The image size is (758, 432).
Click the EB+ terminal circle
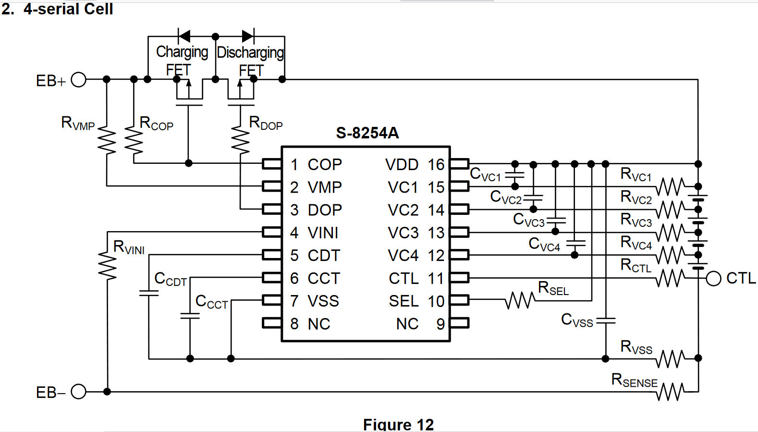(78, 80)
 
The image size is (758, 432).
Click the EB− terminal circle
(78, 392)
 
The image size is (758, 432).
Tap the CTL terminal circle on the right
(713, 279)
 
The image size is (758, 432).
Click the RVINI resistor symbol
(107, 265)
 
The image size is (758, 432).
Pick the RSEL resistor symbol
(520, 300)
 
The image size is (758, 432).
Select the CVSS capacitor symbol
(606, 320)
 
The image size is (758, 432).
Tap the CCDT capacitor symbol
(149, 293)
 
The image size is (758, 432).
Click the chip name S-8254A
(367, 133)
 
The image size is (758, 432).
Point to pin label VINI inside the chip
(323, 233)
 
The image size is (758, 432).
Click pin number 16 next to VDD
(436, 164)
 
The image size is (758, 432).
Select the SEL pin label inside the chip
(403, 301)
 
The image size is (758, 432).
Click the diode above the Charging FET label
(184, 36)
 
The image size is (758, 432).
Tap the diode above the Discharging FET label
(248, 36)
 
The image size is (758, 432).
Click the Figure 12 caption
(398, 424)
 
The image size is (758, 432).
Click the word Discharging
(250, 53)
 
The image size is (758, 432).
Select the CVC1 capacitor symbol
(514, 175)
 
